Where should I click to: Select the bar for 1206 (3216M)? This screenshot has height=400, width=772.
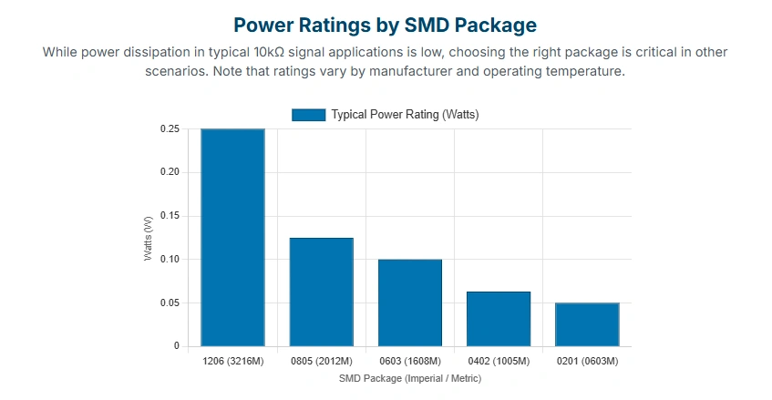[x=232, y=238]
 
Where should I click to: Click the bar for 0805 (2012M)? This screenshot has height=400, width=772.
[x=321, y=292]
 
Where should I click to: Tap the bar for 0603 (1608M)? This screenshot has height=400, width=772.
[x=409, y=303]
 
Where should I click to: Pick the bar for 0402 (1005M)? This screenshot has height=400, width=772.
[x=498, y=319]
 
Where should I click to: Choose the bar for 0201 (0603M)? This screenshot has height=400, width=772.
[x=587, y=324]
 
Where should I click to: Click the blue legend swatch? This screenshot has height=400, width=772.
[x=308, y=115]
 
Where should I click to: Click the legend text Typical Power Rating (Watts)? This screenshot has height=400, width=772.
[x=405, y=115]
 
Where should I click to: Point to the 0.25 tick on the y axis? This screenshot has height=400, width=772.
[x=170, y=129]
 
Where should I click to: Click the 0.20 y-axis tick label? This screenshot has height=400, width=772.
[x=170, y=172]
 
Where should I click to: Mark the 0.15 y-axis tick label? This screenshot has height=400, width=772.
[x=170, y=216]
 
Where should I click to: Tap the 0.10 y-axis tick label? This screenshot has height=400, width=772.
[x=170, y=260]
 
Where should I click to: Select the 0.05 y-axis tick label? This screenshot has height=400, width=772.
[x=170, y=303]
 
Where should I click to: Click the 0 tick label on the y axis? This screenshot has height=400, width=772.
[x=177, y=346]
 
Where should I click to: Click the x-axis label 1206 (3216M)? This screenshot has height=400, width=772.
[x=232, y=362]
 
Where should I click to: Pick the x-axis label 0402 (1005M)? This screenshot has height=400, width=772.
[x=498, y=362]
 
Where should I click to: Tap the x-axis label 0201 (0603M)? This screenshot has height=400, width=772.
[x=587, y=362]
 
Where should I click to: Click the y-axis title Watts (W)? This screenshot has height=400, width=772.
[x=148, y=238]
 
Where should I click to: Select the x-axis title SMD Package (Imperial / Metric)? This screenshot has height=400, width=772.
[x=409, y=377]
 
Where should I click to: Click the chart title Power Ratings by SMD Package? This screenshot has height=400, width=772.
[x=385, y=25]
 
